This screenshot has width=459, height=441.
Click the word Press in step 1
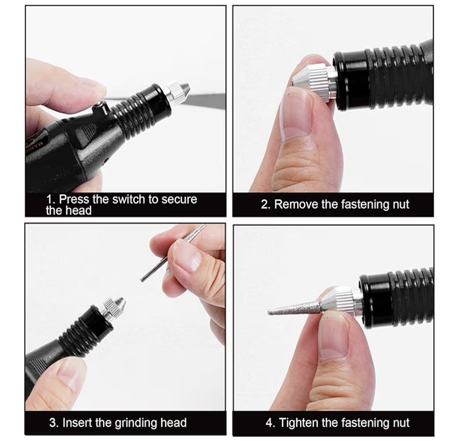tap(74, 199)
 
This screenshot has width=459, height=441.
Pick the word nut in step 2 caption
tap(401, 204)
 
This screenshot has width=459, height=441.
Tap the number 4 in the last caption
tap(269, 423)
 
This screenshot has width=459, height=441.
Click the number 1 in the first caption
tap(49, 199)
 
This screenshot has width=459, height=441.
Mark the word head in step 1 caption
tap(78, 211)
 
